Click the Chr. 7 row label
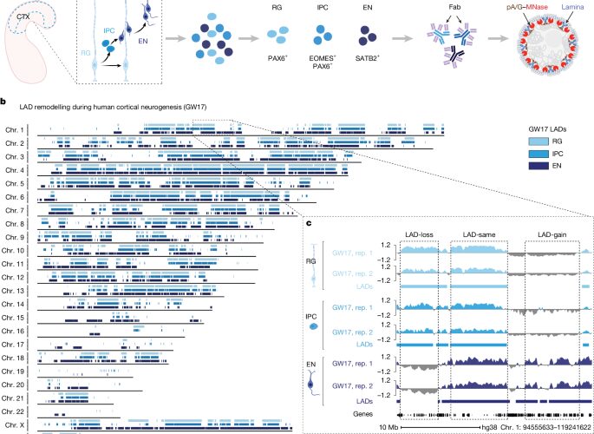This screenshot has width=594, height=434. [15, 210]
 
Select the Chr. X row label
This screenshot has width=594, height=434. [15, 425]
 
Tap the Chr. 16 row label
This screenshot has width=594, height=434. [13, 331]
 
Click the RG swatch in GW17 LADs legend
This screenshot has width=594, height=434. [539, 141]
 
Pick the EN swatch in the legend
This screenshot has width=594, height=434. [539, 166]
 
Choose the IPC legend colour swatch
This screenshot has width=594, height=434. [539, 154]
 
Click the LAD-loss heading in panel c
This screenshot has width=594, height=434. [419, 234]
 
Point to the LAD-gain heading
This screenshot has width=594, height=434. [552, 234]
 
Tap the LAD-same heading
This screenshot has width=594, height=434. [479, 234]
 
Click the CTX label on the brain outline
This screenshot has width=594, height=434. [23, 16]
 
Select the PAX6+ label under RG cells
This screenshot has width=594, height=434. [277, 58]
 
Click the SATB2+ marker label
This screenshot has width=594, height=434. [368, 58]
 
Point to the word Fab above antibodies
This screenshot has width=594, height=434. [454, 7]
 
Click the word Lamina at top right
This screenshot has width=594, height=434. [573, 7]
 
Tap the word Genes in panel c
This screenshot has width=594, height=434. [363, 414]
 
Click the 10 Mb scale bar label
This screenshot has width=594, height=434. [388, 427]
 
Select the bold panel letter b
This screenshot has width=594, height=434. [3, 102]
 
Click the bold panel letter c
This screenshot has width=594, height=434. [309, 223]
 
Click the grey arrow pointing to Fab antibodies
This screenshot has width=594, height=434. [402, 38]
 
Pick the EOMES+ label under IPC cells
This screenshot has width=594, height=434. [323, 58]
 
